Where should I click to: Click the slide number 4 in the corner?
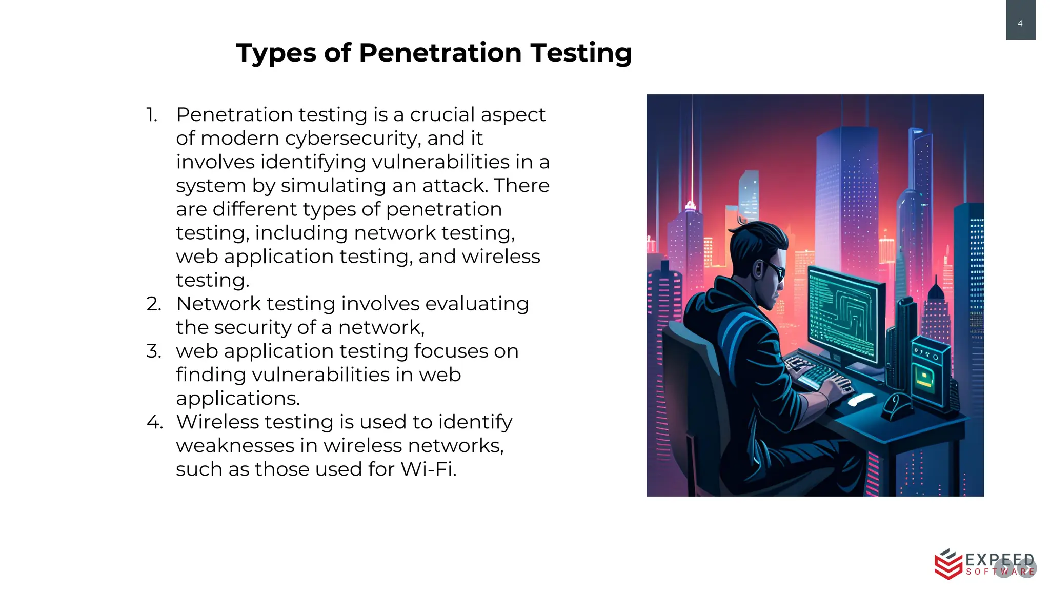(x=1020, y=24)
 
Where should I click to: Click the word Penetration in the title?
(x=440, y=53)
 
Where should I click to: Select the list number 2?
(x=153, y=304)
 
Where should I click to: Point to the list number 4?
(x=154, y=422)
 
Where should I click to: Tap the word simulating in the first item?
(x=334, y=186)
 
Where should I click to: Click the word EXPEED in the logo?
(x=999, y=560)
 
